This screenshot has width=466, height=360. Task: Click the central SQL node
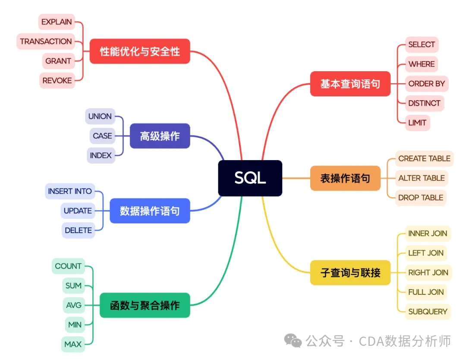pyautogui.click(x=250, y=178)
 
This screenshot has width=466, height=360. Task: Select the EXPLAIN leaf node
pyautogui.click(x=57, y=22)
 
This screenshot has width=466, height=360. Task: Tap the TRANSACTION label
pyautogui.click(x=46, y=41)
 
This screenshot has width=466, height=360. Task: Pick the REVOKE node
pyautogui.click(x=57, y=81)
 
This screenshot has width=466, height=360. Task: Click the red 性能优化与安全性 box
pyautogui.click(x=140, y=51)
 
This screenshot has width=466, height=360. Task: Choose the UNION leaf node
pyautogui.click(x=100, y=117)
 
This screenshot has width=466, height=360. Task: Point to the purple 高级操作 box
pyautogui.click(x=160, y=136)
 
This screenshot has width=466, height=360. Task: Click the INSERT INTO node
pyautogui.click(x=70, y=191)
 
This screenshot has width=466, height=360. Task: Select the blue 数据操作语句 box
pyautogui.click(x=150, y=211)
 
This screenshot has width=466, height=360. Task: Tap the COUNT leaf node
pyautogui.click(x=68, y=266)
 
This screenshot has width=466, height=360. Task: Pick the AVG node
pyautogui.click(x=74, y=305)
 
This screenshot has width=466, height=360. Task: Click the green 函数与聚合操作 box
pyautogui.click(x=145, y=305)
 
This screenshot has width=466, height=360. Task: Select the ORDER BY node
pyautogui.click(x=426, y=84)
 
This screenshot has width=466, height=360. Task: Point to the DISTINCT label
pyautogui.click(x=424, y=103)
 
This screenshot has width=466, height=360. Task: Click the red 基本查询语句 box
pyautogui.click(x=350, y=84)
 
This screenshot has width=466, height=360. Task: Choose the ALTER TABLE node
pyautogui.click(x=422, y=178)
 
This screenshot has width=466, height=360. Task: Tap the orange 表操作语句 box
pyautogui.click(x=345, y=178)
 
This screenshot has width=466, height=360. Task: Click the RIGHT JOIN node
pyautogui.click(x=428, y=272)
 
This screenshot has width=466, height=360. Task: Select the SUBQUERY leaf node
pyautogui.click(x=428, y=312)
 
